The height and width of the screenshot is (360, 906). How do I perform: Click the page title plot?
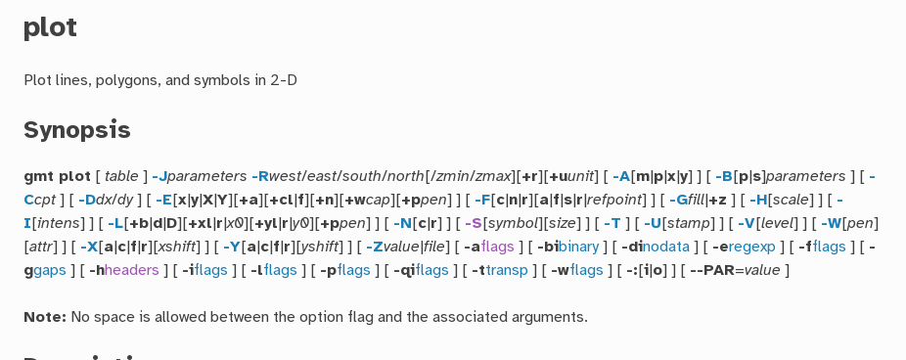[50, 27]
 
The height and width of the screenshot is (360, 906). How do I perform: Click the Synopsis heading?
[76, 130]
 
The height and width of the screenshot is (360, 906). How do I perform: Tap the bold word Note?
[45, 316]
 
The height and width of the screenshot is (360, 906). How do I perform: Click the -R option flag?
[259, 177]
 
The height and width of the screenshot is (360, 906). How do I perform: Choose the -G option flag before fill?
[677, 201]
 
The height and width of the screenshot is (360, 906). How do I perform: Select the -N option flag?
[402, 224]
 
